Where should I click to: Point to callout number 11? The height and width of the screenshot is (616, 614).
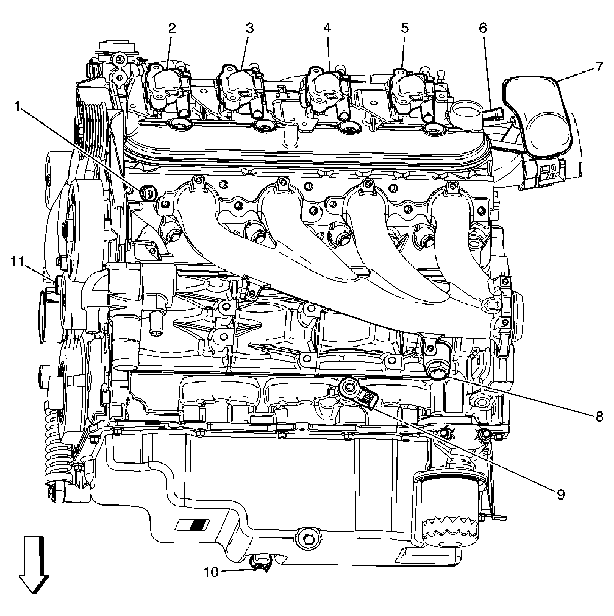point(17,262)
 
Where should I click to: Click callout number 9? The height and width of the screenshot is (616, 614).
point(561,494)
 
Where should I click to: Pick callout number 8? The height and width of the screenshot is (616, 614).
point(599,416)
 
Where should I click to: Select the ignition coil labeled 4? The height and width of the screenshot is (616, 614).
point(325,86)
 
